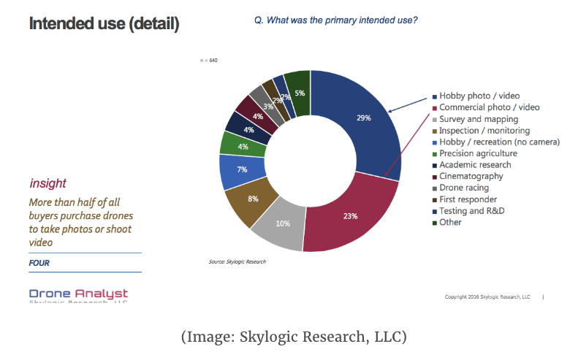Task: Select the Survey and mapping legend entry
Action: click(478, 118)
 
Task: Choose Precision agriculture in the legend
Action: click(478, 153)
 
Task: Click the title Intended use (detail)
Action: click(104, 23)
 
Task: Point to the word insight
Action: click(47, 183)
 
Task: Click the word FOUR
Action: click(39, 263)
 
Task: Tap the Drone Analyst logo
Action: click(78, 295)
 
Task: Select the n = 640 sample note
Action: click(208, 60)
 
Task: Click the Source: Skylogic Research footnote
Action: click(237, 261)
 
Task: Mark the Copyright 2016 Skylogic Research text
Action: click(487, 296)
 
